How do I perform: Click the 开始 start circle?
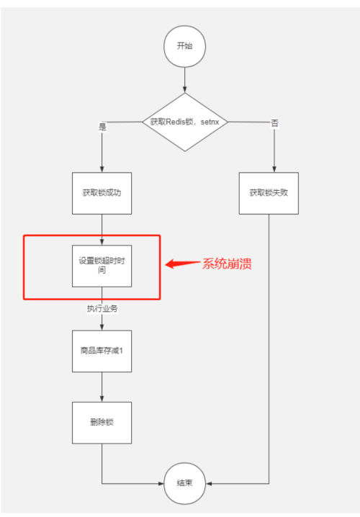tap(185, 45)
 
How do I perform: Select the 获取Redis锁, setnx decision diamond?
tap(185, 122)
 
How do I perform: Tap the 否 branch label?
tap(274, 123)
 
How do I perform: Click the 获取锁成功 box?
tap(102, 193)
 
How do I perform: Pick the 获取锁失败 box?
tap(269, 193)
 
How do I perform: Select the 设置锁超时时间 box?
tap(102, 265)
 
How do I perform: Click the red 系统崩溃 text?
tap(226, 264)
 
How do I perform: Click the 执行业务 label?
tap(102, 308)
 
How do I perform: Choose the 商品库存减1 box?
tap(102, 351)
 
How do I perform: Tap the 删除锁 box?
tap(102, 422)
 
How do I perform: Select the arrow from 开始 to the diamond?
tap(185, 79)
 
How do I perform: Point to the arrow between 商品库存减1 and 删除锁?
tap(102, 387)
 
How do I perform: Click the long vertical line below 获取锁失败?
tap(269, 346)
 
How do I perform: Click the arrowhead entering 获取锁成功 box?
tap(102, 168)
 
